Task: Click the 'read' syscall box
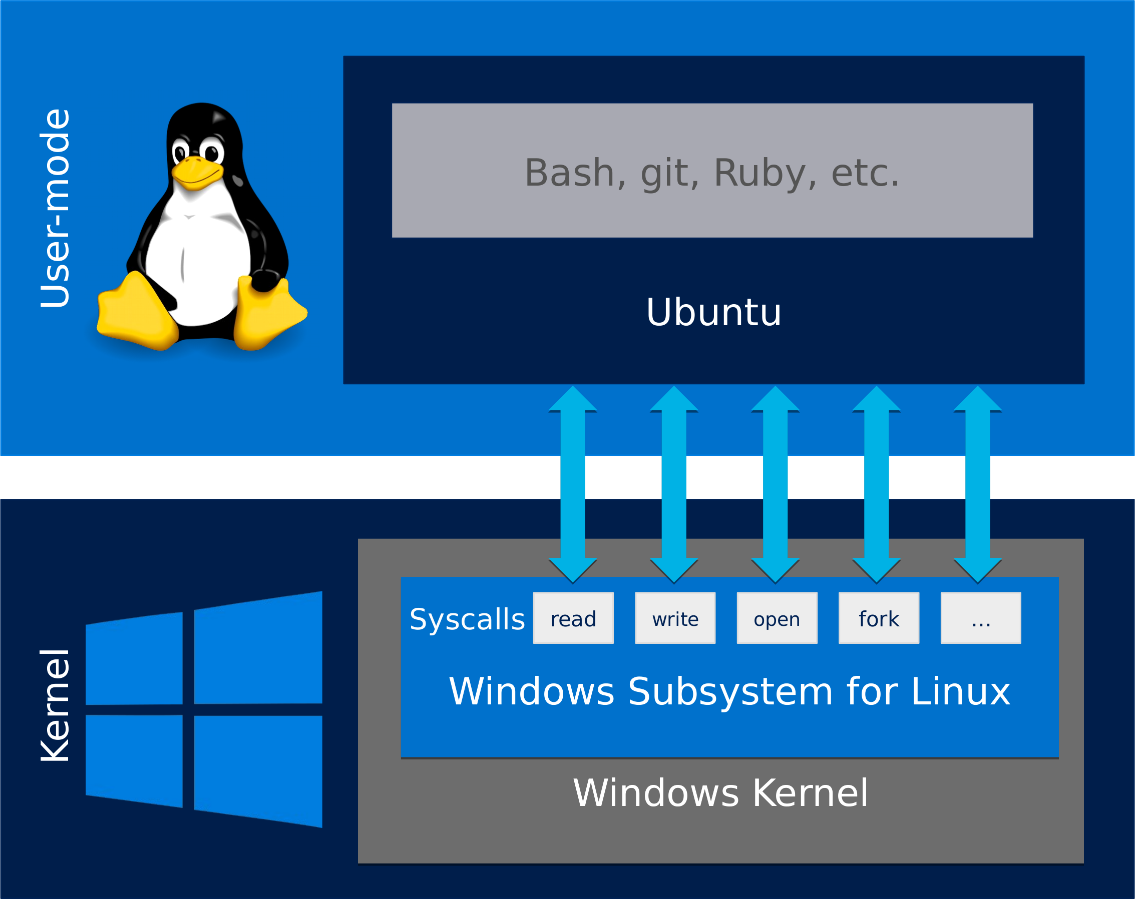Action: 573,618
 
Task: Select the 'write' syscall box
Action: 675,618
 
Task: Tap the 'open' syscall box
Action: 777,618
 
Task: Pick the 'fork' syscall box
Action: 879,618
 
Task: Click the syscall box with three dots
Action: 981,618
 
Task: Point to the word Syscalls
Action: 467,619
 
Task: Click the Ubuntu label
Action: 713,313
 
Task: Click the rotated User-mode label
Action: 55,208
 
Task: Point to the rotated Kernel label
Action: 55,705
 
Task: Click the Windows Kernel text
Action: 720,792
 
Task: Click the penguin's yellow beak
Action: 197,172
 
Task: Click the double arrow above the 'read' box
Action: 573,484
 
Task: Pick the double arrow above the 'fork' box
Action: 877,484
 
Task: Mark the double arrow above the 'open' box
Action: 776,484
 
